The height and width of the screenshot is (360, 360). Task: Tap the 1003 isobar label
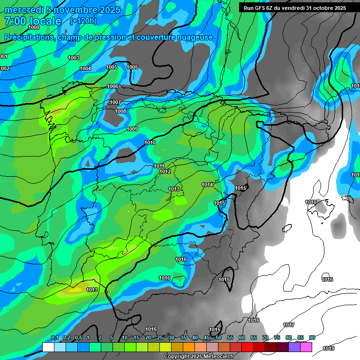74,58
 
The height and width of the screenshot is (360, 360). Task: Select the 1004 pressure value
85,69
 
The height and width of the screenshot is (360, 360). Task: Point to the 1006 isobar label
112,86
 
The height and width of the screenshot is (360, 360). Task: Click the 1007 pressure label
115,102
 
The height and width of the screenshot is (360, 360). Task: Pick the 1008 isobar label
121,111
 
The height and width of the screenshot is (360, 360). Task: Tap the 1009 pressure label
132,129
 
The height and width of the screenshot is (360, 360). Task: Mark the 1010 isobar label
150,142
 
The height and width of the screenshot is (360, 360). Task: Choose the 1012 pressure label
165,172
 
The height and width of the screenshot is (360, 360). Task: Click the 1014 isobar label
208,185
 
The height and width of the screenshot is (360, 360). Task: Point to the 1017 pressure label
289,325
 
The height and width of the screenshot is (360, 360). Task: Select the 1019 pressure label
329,348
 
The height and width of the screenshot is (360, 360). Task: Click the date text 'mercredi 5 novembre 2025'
62,10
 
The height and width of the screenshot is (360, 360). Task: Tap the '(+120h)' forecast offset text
83,21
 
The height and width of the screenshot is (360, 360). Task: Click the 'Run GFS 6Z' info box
295,8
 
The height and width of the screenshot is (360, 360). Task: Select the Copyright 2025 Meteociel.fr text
199,357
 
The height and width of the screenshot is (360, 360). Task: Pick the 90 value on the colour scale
312,337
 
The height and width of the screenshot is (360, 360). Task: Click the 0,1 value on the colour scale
54,337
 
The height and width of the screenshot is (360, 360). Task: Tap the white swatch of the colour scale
48,347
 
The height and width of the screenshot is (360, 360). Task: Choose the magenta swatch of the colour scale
306,347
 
